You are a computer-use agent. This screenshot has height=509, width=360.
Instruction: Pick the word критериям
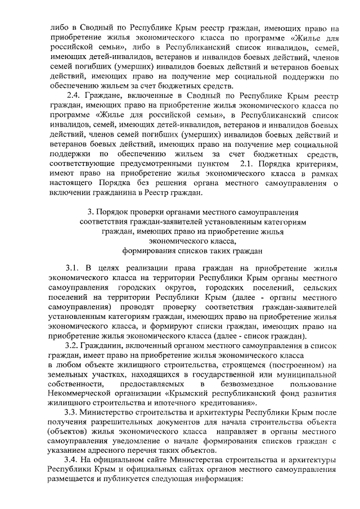point(318,163)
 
